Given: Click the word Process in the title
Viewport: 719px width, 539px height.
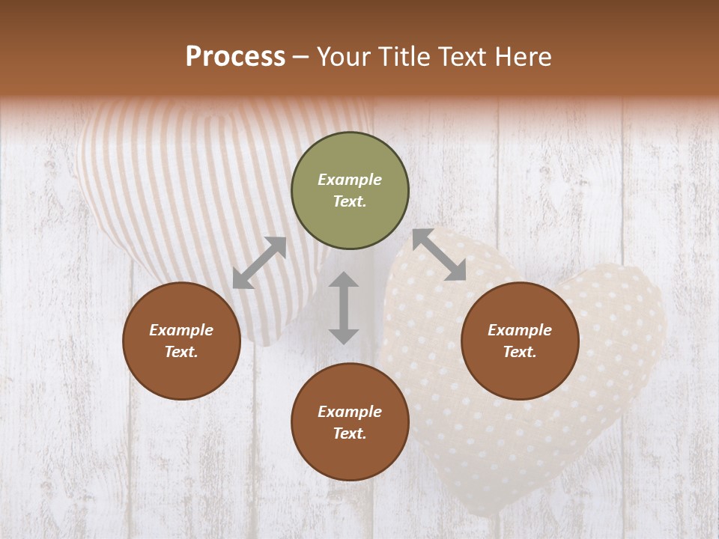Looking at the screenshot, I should (x=235, y=57).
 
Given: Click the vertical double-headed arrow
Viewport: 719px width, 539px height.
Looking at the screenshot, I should (x=344, y=308).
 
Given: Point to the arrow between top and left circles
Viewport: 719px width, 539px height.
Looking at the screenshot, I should (x=259, y=263).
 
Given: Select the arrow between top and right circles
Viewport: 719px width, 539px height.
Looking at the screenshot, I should (x=439, y=255).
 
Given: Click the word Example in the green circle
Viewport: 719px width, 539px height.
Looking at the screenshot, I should (x=350, y=180).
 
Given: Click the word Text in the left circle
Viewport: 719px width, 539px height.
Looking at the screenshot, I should (x=181, y=352).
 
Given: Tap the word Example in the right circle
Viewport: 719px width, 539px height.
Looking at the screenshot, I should (x=520, y=330).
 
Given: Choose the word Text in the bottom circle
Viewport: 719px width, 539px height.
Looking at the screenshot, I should (x=349, y=433).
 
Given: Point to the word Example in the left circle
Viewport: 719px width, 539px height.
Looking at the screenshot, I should (x=181, y=330).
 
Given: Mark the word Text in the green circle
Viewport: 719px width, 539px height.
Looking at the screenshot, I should (x=349, y=201).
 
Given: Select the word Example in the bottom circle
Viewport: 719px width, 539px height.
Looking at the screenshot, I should (x=350, y=412).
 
